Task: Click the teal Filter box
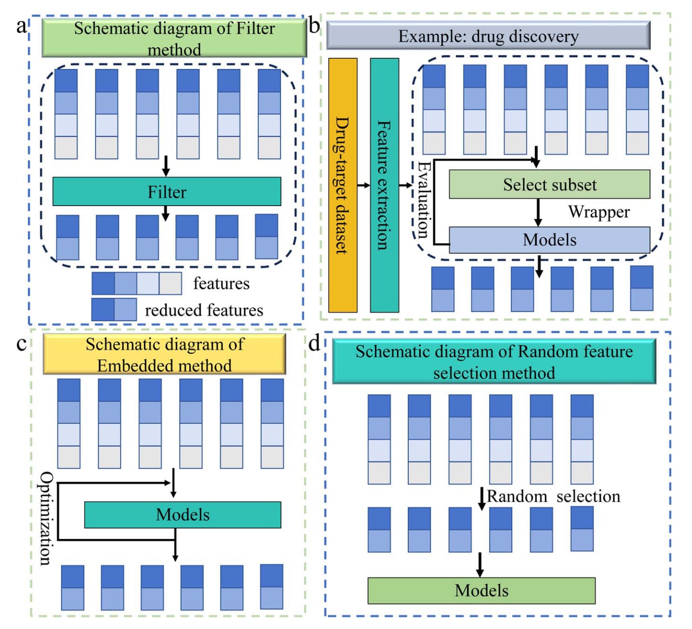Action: point(166,192)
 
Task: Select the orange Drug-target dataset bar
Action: point(343,185)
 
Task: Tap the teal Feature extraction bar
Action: point(384,185)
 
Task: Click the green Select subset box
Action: point(549,184)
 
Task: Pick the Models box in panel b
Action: point(549,240)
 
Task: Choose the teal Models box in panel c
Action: point(183,515)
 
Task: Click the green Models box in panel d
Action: point(481,590)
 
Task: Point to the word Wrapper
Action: point(599,212)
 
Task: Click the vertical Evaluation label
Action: point(423,199)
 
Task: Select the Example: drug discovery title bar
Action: point(488,36)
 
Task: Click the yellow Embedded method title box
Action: point(164,354)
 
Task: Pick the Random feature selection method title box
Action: point(494,362)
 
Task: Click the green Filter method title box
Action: point(174,39)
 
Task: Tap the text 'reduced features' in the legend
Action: point(204,310)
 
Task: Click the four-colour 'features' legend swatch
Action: point(136,283)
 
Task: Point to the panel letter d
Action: point(314,343)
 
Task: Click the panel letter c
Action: point(21,344)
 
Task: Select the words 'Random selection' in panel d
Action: point(553,496)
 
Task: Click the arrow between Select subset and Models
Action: point(538,212)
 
